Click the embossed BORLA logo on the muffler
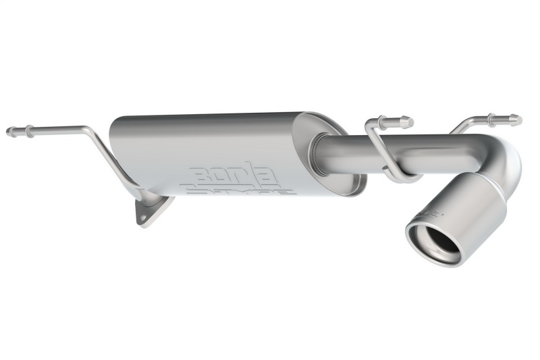coord(234,174)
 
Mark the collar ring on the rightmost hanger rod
coord(492,118)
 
